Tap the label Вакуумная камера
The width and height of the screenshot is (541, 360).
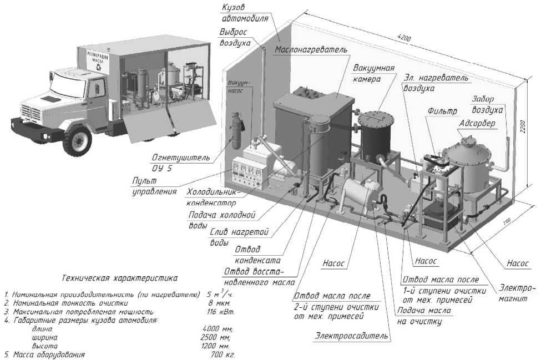[374, 74]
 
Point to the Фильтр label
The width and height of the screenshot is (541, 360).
[442, 111]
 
